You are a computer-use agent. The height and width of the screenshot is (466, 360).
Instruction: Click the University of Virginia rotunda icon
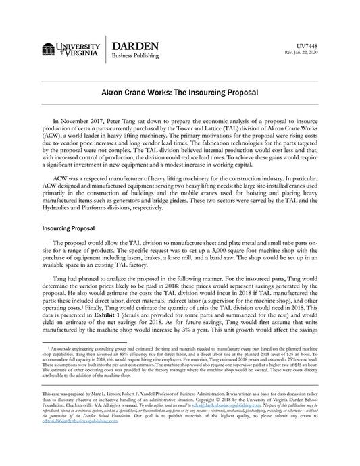[49, 50]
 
